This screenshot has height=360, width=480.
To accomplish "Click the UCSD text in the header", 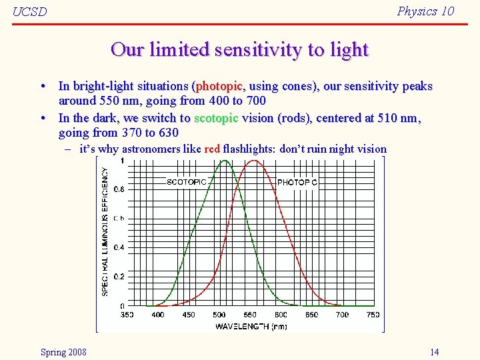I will click(29, 13).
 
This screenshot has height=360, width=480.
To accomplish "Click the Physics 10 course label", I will click(425, 11).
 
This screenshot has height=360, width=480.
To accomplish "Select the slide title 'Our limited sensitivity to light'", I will click(240, 50).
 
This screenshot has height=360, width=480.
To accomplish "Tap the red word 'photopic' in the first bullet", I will click(220, 86).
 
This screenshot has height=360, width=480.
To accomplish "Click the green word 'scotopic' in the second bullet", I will click(215, 118).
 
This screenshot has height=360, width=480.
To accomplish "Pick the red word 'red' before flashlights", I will click(212, 149).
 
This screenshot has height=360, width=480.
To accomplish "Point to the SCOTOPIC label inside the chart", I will click(186, 182).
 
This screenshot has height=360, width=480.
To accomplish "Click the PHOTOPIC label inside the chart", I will click(297, 182).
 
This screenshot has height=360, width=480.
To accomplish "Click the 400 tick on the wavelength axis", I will click(157, 315).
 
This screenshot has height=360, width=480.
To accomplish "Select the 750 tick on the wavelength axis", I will click(373, 315).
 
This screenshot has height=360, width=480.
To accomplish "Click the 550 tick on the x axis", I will click(249, 315).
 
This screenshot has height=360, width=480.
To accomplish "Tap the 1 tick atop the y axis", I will click(121, 161).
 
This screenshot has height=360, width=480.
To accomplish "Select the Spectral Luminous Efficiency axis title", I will click(105, 231).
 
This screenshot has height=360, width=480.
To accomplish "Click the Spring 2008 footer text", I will click(63, 352).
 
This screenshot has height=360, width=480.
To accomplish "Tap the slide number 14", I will click(434, 352).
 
